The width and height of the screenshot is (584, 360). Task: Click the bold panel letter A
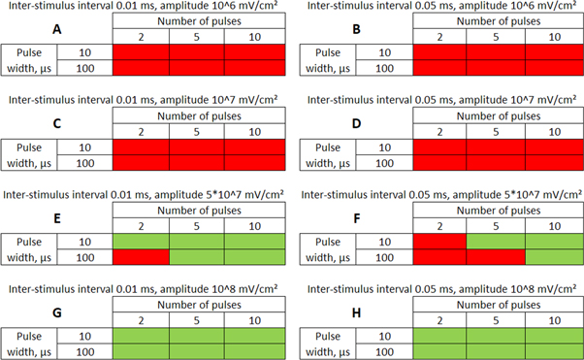coord(58,29)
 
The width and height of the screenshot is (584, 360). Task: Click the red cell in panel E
coord(142,257)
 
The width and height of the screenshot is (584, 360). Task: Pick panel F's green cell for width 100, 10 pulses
coord(553,257)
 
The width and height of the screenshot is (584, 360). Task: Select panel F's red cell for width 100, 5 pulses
coord(496,257)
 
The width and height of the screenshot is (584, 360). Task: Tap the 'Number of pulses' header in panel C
coord(198,115)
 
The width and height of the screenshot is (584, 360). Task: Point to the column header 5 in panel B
coord(496,36)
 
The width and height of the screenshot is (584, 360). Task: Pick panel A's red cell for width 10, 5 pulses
coord(198,52)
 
